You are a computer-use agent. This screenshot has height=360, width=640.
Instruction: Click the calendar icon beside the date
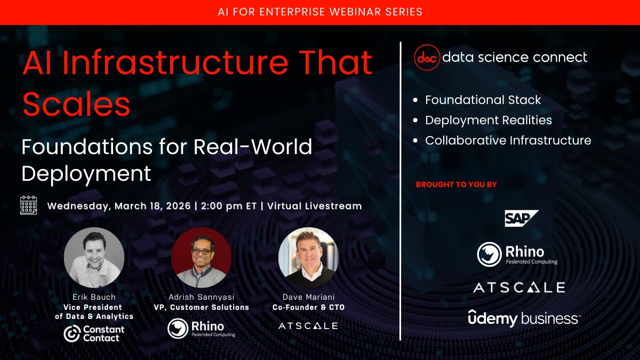(x=29, y=205)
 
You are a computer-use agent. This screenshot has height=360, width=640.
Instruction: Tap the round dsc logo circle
(x=427, y=58)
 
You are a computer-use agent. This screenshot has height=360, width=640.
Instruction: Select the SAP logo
(x=522, y=218)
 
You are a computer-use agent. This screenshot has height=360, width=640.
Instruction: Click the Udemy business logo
(x=524, y=318)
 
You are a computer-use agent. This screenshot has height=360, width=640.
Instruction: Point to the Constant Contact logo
(x=94, y=333)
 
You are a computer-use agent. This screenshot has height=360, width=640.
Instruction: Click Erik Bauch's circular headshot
(x=94, y=258)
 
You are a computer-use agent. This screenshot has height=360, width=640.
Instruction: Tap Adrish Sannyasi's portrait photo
(x=201, y=258)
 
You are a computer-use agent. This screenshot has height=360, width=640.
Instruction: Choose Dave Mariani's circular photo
(x=308, y=258)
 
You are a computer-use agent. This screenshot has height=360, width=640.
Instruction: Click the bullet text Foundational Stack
(x=483, y=100)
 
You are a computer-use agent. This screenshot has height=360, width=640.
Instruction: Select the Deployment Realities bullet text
(x=489, y=121)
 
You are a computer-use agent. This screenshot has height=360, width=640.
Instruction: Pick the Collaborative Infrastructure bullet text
(x=508, y=141)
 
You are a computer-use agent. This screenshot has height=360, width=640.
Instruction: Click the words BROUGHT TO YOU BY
(x=457, y=185)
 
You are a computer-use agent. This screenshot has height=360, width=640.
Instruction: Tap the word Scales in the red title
(x=76, y=103)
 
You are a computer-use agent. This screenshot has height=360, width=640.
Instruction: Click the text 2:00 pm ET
(x=229, y=206)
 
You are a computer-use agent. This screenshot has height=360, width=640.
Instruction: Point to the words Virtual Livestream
(x=315, y=206)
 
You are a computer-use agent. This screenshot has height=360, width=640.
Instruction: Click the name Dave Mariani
(x=309, y=297)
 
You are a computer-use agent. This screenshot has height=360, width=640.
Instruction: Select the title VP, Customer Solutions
(x=202, y=307)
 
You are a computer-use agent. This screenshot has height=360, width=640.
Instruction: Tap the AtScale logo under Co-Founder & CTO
(x=308, y=326)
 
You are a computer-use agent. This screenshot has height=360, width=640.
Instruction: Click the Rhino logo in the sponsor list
(x=517, y=254)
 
